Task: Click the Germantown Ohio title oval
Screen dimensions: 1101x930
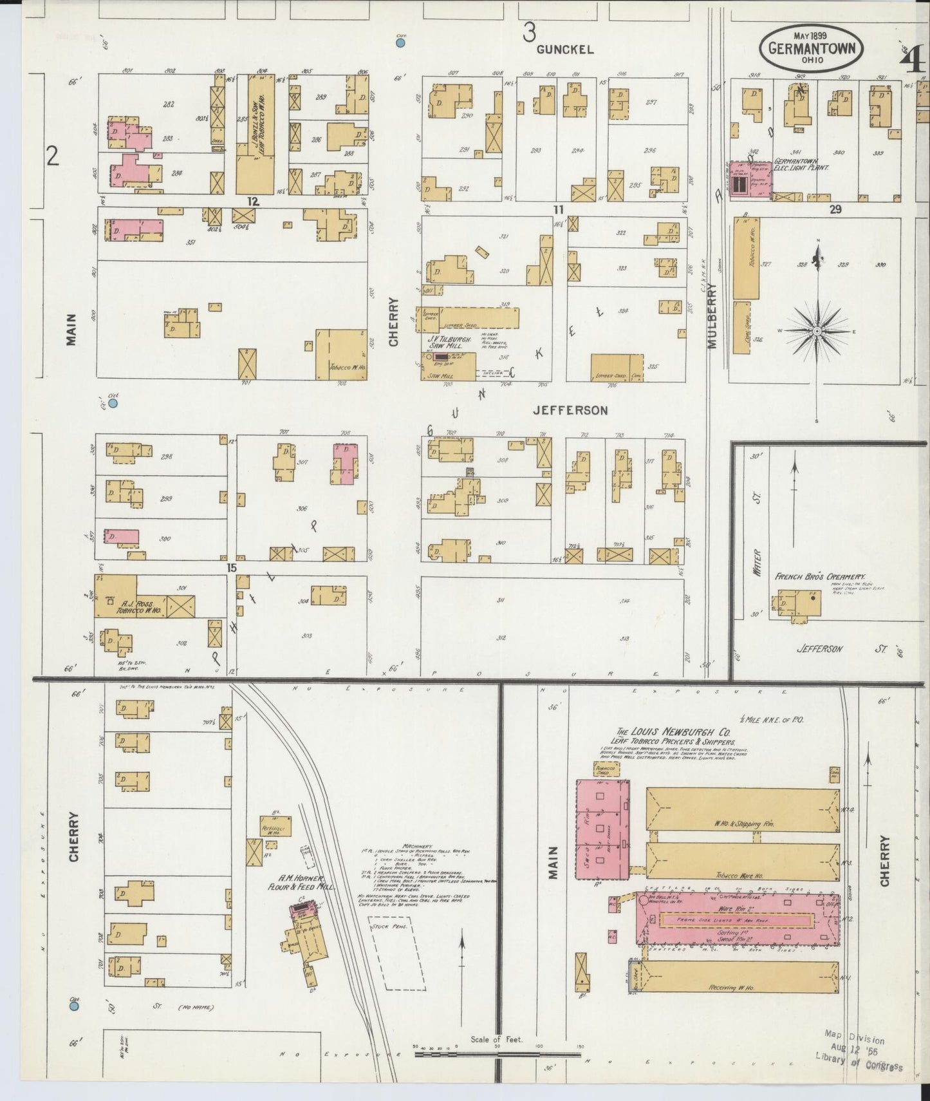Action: [811, 49]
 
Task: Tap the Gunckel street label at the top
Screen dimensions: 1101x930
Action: [564, 50]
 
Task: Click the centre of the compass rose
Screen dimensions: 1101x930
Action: [817, 331]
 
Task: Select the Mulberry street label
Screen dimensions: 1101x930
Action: [712, 316]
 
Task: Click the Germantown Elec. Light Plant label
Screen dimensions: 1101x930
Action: [801, 164]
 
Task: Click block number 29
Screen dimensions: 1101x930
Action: [835, 209]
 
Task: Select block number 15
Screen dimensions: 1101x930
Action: [232, 568]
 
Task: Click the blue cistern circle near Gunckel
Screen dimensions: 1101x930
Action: [400, 43]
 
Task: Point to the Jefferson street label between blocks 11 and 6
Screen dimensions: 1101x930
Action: [570, 410]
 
